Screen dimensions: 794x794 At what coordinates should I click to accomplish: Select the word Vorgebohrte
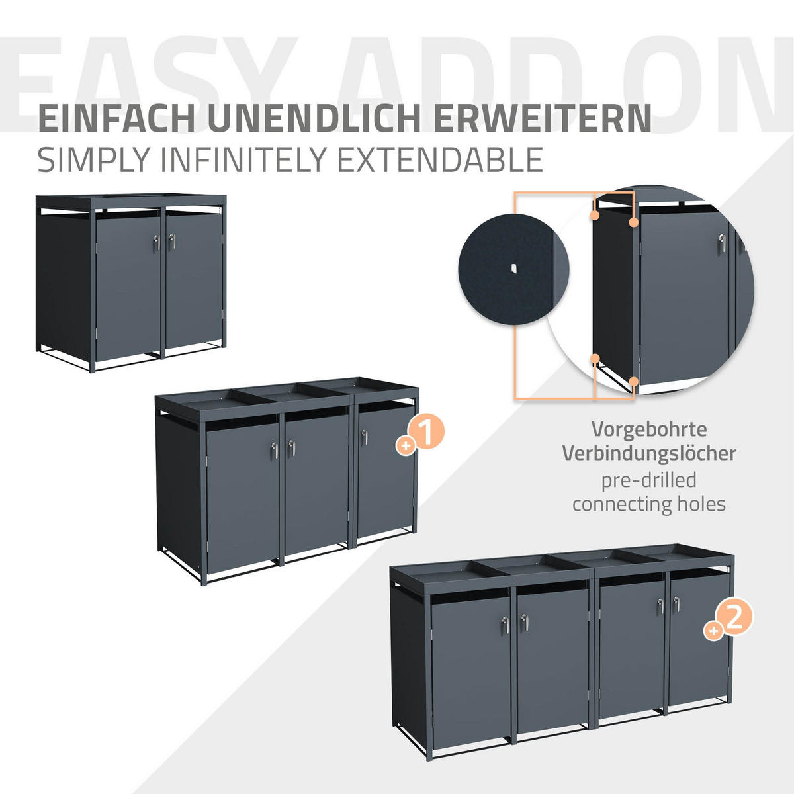tap(649, 429)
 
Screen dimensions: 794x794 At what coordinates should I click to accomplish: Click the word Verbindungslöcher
tap(649, 453)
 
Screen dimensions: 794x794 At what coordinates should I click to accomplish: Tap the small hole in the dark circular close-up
tap(513, 268)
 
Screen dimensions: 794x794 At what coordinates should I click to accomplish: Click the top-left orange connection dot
tap(595, 216)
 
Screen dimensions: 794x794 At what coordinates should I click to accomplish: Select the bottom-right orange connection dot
tap(633, 381)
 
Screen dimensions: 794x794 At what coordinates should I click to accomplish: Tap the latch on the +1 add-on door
tap(364, 437)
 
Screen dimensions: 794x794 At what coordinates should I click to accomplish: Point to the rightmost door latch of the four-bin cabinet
tap(676, 603)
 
